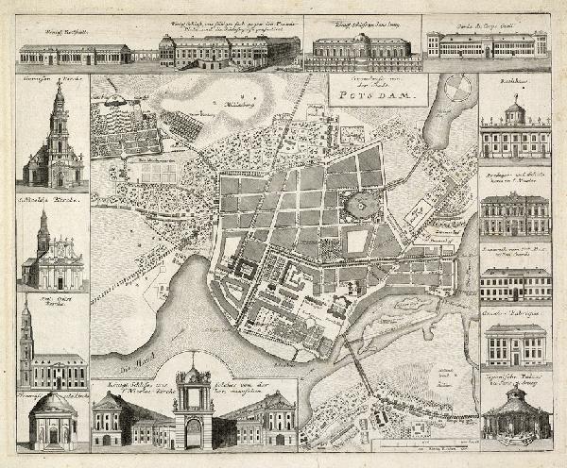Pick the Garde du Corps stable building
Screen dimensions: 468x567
pos(486,44)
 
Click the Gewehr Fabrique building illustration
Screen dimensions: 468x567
pos(516,344)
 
